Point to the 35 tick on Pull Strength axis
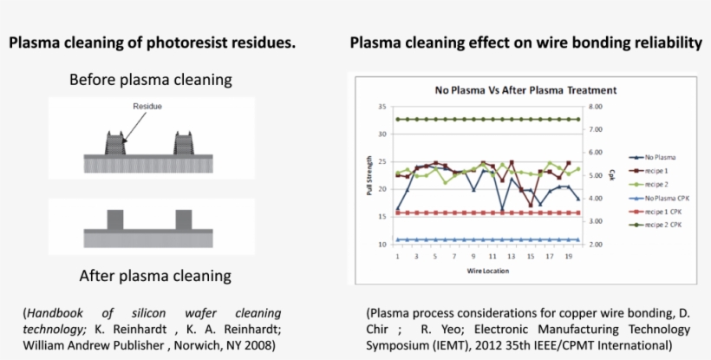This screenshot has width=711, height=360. (382, 107)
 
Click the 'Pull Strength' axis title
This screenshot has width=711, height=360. (370, 176)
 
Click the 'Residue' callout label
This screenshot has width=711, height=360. (147, 107)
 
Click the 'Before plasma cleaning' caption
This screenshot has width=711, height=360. (151, 80)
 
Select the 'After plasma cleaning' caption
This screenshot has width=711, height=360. (155, 276)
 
